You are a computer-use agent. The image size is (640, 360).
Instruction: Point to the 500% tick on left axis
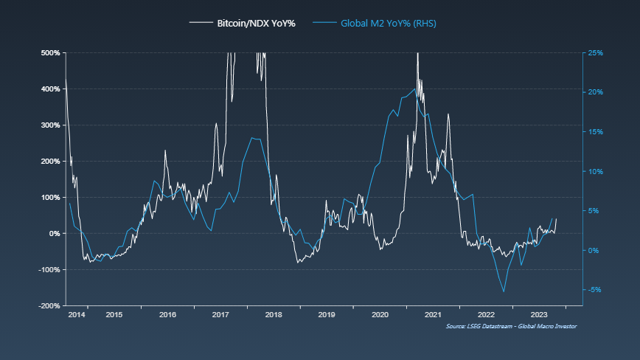(x=50, y=53)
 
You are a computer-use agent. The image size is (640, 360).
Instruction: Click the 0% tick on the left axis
(x=55, y=233)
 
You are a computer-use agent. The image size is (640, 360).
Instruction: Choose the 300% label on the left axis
(x=50, y=125)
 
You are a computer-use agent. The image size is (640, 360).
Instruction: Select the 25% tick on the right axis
(x=596, y=53)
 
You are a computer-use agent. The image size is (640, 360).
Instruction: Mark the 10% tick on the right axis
(x=596, y=171)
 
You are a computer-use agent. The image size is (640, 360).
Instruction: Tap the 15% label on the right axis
(x=596, y=132)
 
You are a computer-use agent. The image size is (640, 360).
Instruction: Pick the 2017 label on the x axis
(x=220, y=315)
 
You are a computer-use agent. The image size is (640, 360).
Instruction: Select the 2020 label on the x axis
(x=380, y=315)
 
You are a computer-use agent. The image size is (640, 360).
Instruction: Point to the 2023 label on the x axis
(x=539, y=315)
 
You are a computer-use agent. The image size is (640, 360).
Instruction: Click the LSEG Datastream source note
(x=511, y=326)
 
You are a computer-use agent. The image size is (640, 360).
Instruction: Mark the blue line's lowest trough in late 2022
(x=504, y=291)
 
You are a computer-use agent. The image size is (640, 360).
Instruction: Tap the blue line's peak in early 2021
(x=414, y=89)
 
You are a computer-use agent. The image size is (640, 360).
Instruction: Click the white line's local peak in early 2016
(x=165, y=150)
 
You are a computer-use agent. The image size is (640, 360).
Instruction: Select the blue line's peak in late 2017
(x=252, y=138)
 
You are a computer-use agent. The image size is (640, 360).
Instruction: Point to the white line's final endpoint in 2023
(x=556, y=218)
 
